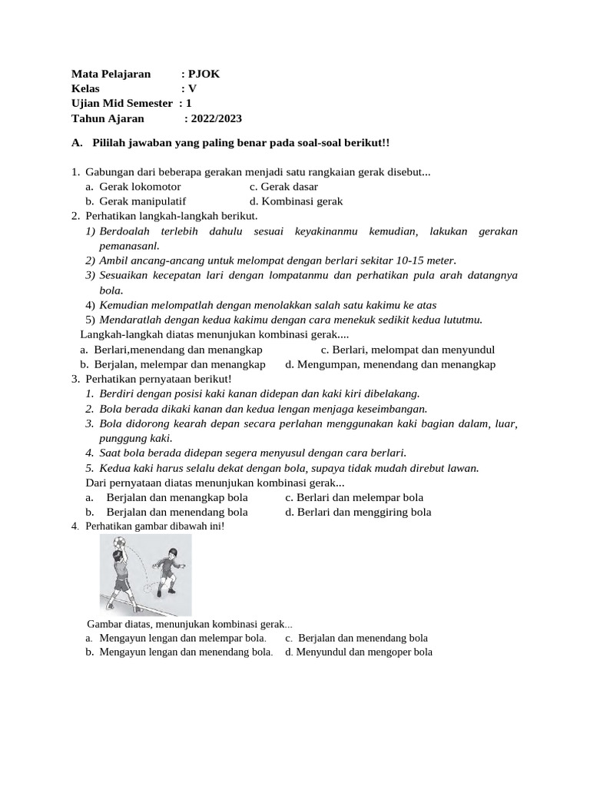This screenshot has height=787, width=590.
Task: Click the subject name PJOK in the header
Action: [x=204, y=74]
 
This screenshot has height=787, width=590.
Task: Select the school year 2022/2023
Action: [x=216, y=118]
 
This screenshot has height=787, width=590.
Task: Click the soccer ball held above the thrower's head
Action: [x=118, y=543]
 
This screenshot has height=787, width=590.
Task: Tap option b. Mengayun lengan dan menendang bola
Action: [x=179, y=652]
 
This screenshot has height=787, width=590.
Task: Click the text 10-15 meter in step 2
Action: [x=426, y=261]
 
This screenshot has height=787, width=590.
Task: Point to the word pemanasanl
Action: [x=129, y=246]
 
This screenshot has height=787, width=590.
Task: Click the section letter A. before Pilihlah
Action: [x=76, y=143]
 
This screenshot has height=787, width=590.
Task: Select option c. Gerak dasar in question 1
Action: [x=283, y=187]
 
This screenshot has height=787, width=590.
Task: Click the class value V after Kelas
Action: [x=193, y=88]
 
